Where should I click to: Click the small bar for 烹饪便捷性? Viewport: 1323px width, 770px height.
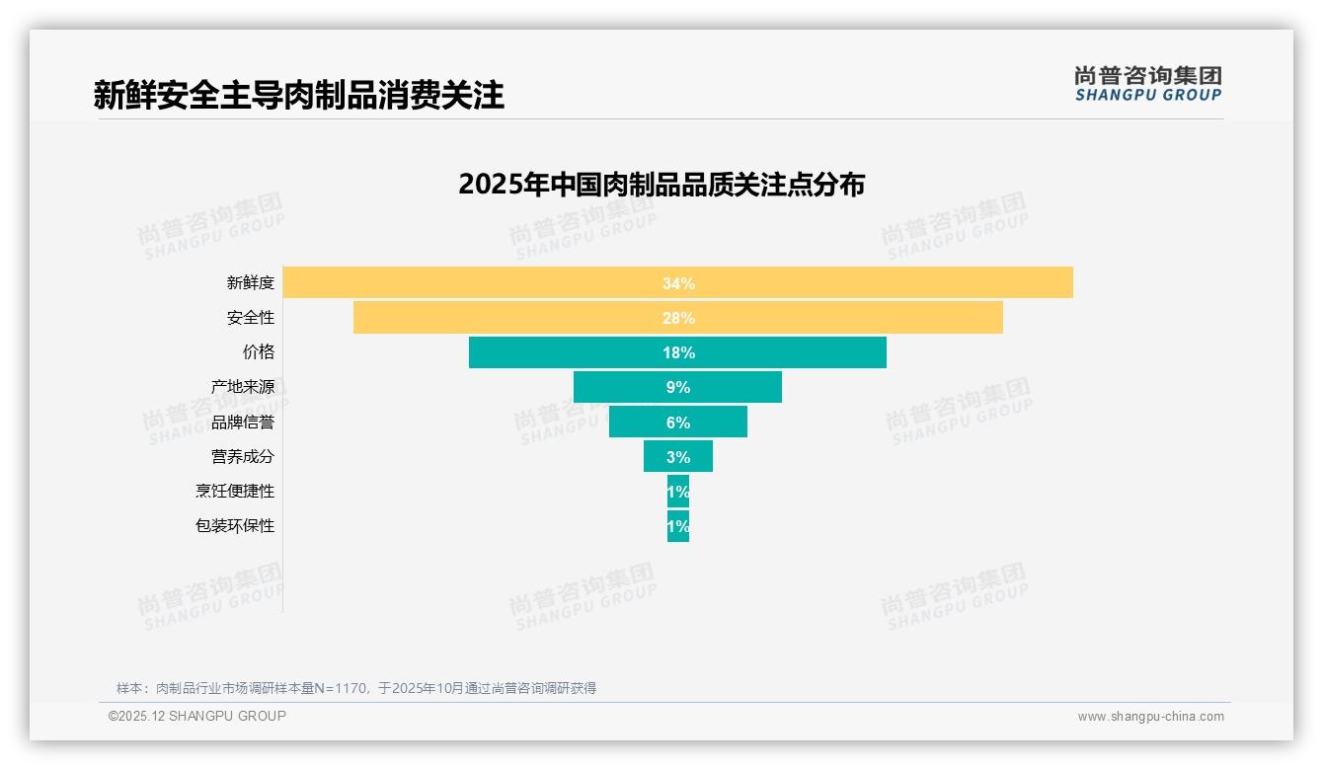pos(678,491)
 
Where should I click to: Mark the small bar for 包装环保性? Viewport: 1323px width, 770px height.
pos(678,526)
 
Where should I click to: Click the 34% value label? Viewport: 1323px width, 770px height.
pos(678,283)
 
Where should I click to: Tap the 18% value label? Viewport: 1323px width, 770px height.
pos(678,352)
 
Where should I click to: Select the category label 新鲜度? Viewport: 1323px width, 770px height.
pos(251,283)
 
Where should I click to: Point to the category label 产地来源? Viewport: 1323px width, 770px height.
pos(243,387)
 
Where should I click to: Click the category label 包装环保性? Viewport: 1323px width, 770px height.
pos(235,526)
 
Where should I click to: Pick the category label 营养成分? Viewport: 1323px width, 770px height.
pos(243,457)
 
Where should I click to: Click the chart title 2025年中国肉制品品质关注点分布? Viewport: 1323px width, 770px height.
pos(661,185)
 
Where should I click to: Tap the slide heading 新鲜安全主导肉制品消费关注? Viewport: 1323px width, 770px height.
pos(298,95)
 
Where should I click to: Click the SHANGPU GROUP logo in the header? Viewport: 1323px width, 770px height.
pos(1147,84)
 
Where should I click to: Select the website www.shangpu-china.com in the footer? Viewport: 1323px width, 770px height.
pos(1150,717)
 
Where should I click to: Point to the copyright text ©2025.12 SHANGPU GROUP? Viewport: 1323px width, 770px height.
pos(197,716)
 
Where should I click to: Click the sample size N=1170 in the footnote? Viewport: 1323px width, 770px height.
pos(341,688)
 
